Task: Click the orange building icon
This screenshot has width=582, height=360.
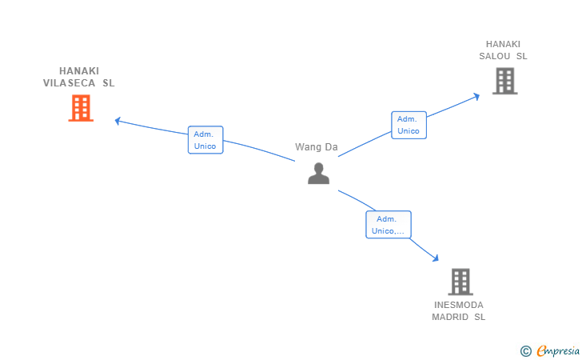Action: (x=81, y=108)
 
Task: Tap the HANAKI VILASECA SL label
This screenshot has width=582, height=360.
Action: (x=78, y=77)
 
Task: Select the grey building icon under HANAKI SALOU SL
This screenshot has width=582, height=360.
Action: (x=504, y=81)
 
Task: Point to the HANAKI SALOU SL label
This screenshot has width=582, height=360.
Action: (x=503, y=50)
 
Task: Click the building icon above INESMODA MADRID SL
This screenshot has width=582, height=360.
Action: (x=460, y=282)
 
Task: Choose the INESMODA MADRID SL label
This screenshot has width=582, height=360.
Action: (x=458, y=311)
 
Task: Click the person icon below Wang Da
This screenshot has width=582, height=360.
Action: (x=318, y=174)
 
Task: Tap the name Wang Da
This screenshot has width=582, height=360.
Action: (x=317, y=147)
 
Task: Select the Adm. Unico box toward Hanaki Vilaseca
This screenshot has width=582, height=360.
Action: (x=205, y=140)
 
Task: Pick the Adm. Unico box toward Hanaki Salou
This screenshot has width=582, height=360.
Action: (x=409, y=125)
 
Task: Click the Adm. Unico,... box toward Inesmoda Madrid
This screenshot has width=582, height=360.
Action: (x=389, y=224)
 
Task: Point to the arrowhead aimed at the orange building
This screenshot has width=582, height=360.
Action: (x=118, y=121)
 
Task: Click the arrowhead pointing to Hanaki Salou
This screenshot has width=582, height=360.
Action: (x=476, y=97)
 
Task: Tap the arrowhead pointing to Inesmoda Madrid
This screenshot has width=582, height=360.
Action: (x=436, y=258)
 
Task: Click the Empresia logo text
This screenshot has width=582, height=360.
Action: (x=558, y=350)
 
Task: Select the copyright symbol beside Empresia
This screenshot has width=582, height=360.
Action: (x=525, y=351)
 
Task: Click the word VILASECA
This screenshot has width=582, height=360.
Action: (x=69, y=83)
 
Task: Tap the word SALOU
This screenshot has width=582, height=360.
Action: (x=494, y=56)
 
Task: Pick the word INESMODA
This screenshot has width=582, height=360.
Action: (x=459, y=305)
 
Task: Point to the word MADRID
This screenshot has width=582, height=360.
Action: (x=450, y=317)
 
